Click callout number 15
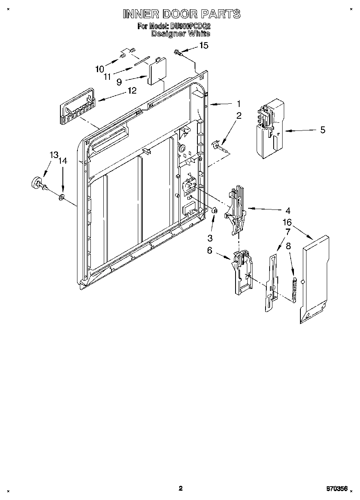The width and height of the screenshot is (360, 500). point(204,45)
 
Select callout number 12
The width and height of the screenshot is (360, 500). point(132,91)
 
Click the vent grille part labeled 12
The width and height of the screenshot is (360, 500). point(77,107)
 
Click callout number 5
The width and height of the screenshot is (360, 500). point(323,130)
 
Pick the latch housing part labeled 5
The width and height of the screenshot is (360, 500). point(270,128)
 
